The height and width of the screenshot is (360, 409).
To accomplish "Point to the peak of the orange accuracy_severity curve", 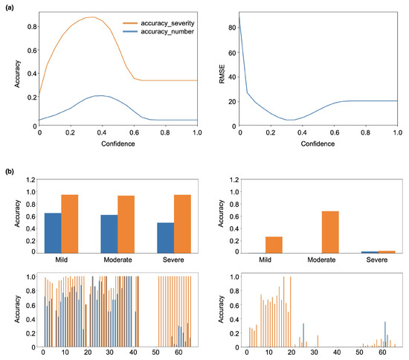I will point(90,17).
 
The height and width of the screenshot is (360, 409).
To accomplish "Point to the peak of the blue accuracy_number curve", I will point(99,96).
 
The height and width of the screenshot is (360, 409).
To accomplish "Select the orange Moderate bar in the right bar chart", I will point(330,231).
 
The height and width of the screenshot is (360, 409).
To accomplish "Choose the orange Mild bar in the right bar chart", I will point(274,244).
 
